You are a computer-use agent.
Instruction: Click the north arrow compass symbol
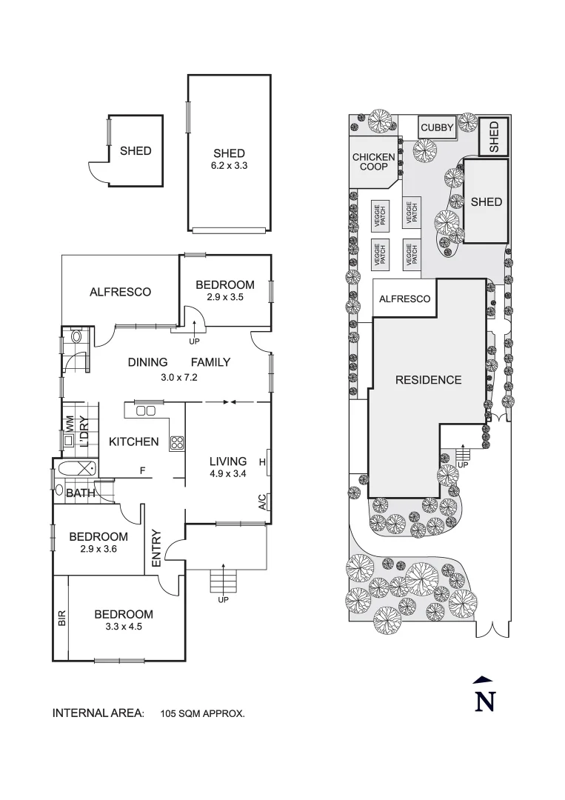click(484, 696)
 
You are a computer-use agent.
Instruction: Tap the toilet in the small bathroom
click(76, 338)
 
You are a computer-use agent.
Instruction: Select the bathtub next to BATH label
click(76, 468)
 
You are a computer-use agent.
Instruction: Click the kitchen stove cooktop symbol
click(178, 444)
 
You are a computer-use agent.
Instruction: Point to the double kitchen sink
click(145, 410)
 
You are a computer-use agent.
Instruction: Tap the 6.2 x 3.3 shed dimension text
click(229, 166)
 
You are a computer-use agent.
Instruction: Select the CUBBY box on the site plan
click(437, 128)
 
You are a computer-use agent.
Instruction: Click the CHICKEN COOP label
click(374, 162)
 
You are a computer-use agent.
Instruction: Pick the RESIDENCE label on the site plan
click(428, 380)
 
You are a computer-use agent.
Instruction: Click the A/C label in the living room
click(262, 503)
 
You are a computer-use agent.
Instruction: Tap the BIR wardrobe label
click(61, 619)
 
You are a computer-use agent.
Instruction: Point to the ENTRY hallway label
click(156, 548)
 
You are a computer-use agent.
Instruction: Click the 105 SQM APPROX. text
click(202, 714)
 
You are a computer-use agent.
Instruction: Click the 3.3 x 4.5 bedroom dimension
click(123, 626)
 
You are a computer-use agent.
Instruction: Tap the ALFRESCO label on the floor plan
click(120, 292)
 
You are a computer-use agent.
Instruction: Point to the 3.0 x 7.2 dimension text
click(178, 377)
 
